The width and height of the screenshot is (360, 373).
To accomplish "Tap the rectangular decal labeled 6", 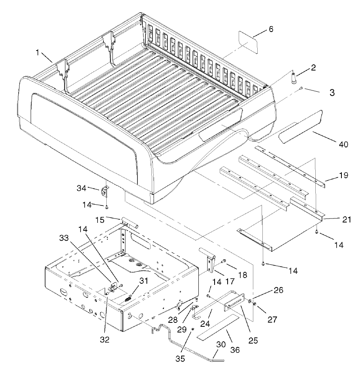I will (248, 42).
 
